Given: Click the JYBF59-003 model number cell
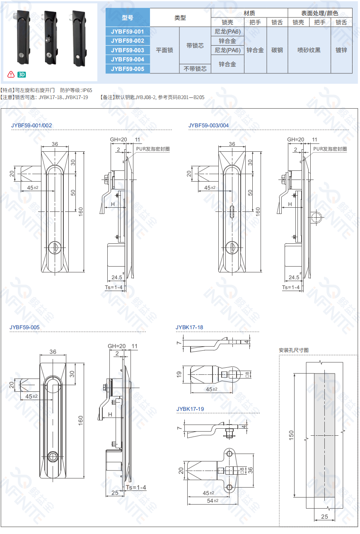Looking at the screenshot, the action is [128, 50].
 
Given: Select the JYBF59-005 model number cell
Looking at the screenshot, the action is [128, 69].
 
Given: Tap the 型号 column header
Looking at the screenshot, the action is [128, 17].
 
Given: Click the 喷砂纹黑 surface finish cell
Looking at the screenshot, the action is [309, 50].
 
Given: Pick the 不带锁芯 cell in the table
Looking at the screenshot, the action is [195, 69].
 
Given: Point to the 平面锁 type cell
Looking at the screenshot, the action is [164, 50].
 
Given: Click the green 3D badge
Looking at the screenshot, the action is [22, 75].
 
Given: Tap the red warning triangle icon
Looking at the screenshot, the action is [11, 74].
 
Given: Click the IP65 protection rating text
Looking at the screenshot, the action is [87, 90].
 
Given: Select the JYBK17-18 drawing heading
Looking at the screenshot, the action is [189, 327].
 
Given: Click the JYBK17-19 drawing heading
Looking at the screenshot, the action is [190, 409].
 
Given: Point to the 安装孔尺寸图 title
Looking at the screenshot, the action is [294, 350].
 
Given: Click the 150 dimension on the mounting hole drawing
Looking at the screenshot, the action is [291, 435].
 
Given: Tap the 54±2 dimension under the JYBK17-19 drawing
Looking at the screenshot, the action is [213, 501].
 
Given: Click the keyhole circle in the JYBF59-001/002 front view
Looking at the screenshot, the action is [55, 248].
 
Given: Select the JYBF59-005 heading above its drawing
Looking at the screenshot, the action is [24, 327].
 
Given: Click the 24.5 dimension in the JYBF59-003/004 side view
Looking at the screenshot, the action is [294, 277].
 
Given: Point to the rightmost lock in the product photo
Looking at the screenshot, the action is [79, 39].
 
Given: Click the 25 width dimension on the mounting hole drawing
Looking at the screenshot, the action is [324, 517].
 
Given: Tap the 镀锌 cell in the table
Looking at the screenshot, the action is [341, 50].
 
